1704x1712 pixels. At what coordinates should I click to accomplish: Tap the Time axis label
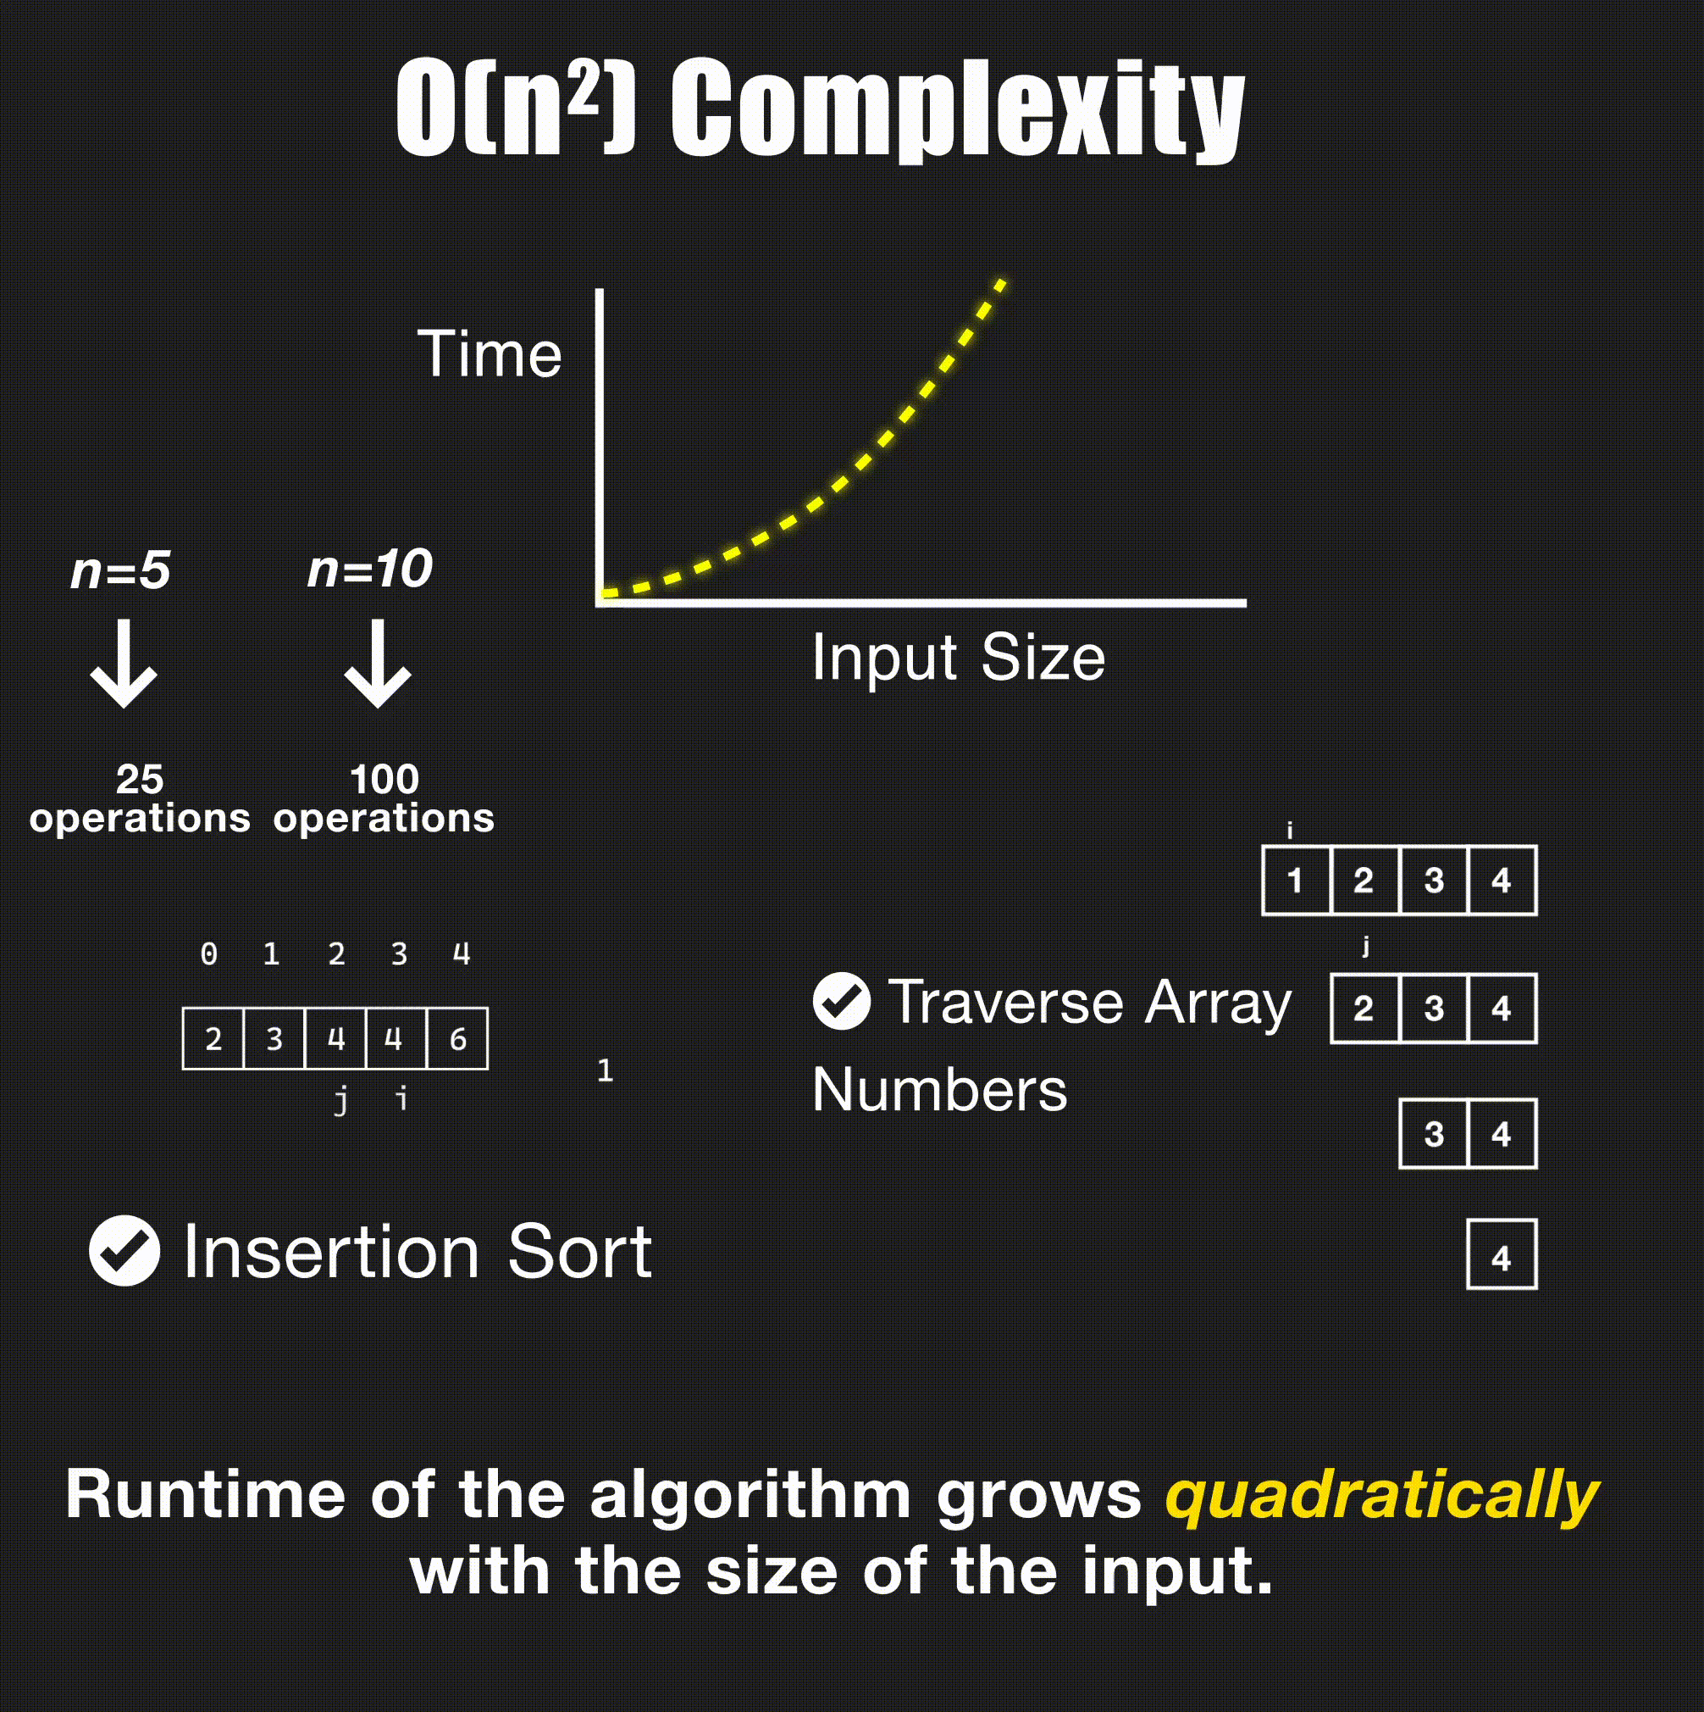[490, 353]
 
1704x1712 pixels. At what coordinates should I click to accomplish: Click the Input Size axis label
[958, 659]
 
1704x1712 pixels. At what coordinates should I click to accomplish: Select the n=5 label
[120, 570]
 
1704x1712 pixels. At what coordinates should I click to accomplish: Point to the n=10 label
[370, 568]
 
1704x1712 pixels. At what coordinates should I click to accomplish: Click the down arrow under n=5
[124, 664]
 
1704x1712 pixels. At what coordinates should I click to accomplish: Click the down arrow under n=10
[379, 664]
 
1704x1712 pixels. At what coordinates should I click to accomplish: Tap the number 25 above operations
[140, 780]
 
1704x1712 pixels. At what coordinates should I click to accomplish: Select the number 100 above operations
[385, 780]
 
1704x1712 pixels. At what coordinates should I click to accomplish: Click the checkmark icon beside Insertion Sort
[124, 1250]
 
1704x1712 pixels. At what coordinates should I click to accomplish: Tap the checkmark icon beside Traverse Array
[841, 1001]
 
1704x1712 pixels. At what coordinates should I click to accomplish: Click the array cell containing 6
[457, 1038]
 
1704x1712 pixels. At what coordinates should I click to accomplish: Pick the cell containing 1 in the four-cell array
[1296, 881]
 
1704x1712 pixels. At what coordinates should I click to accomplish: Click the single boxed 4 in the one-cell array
[1502, 1254]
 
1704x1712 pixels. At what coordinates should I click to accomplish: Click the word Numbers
[940, 1089]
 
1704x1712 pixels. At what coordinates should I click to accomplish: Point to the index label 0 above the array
[209, 954]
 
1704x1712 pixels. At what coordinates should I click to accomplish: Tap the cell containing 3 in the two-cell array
[1434, 1134]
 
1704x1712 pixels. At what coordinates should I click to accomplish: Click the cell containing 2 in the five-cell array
[213, 1038]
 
